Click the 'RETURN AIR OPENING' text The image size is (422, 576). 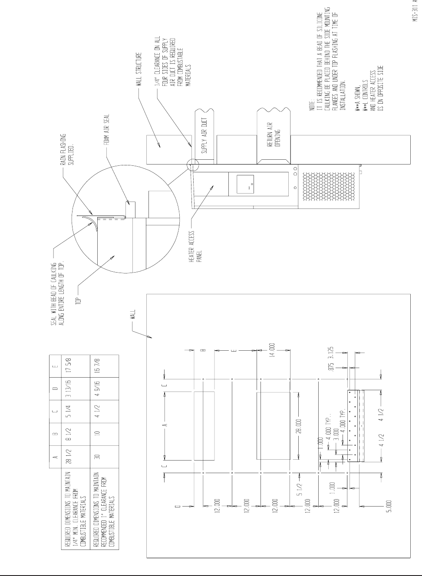[x=272, y=135]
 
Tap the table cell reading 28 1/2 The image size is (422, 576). [x=74, y=457]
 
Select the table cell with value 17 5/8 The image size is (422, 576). [x=74, y=365]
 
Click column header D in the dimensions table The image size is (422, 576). [x=55, y=388]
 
